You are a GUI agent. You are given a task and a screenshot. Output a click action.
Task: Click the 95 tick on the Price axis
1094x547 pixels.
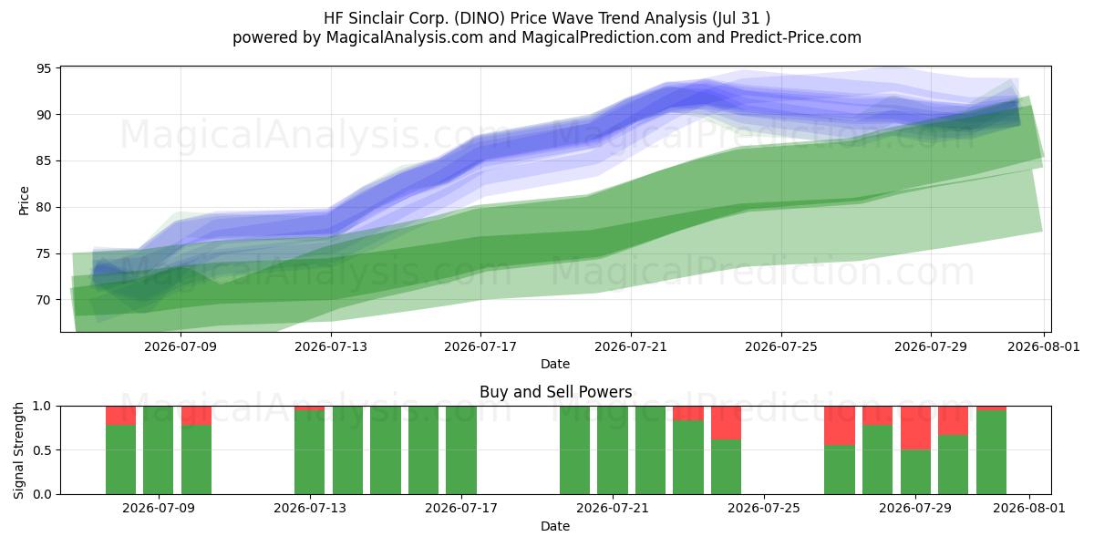coord(44,68)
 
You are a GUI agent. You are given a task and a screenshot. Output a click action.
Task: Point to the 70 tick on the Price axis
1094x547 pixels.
coord(44,300)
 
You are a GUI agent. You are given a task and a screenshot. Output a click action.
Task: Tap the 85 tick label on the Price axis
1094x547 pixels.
coord(44,160)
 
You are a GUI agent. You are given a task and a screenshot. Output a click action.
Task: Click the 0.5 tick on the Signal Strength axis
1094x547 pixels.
coord(44,449)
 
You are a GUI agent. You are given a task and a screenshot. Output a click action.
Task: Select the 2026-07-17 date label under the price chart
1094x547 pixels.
coord(480,346)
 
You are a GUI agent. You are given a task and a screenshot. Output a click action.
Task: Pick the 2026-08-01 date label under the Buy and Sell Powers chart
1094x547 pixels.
coord(1029,508)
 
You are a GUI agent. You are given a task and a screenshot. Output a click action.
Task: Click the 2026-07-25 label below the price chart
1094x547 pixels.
coord(781,346)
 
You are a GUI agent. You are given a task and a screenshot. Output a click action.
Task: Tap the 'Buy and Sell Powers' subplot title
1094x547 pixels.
coord(556,392)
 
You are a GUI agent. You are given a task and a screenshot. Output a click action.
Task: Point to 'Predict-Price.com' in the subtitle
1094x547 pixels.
coord(796,37)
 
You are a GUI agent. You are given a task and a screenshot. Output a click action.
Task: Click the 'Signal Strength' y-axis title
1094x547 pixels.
coord(18,450)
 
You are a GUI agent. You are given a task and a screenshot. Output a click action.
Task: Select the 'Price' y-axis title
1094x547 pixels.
coord(24,201)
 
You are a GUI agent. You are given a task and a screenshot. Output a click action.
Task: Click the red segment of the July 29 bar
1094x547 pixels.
coord(915,428)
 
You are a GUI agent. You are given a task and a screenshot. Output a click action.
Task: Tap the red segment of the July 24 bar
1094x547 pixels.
coord(727,423)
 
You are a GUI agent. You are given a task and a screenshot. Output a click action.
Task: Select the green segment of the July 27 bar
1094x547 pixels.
coord(840,470)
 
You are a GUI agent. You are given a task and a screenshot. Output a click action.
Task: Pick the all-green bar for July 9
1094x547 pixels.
coord(159,450)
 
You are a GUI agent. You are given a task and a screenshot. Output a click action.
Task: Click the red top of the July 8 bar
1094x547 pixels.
coord(120,416)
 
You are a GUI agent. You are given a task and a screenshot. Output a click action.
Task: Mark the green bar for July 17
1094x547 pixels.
coord(461,450)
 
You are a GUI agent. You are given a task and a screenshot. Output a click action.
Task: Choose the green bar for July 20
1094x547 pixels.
coord(575,450)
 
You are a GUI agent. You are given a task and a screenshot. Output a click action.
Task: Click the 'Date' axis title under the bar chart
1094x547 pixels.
coord(555,526)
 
